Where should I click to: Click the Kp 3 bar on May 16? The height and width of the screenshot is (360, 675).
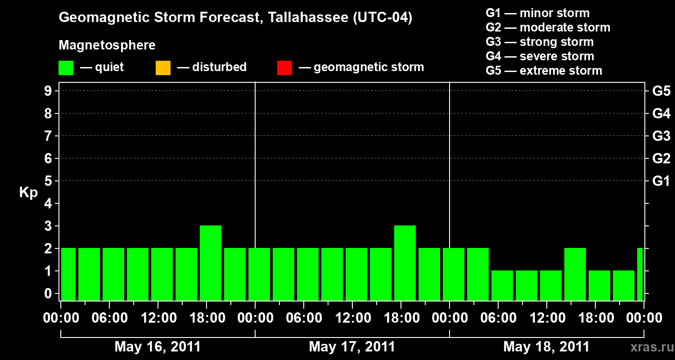click(x=211, y=263)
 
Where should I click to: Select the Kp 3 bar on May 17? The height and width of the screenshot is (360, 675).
click(x=405, y=263)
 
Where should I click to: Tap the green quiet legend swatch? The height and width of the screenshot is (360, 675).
click(x=66, y=68)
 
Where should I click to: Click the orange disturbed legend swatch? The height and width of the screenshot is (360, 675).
click(x=163, y=68)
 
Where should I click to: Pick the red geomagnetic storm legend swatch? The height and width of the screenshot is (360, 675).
click(x=284, y=68)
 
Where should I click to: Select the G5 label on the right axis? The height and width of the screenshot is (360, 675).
click(x=661, y=91)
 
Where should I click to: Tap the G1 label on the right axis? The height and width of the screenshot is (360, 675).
click(x=661, y=181)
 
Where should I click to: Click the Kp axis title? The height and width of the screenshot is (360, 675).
click(x=28, y=193)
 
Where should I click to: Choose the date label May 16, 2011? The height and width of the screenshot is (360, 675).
click(x=157, y=347)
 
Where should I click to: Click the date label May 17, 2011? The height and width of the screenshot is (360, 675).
click(x=352, y=347)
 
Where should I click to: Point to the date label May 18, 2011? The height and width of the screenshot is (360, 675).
click(x=546, y=347)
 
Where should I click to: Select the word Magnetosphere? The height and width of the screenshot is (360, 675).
click(x=107, y=45)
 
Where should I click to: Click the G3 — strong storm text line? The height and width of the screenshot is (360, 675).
click(x=540, y=42)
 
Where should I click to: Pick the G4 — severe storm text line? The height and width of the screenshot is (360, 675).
click(x=540, y=56)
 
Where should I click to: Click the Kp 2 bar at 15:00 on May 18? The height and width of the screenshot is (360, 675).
click(x=575, y=274)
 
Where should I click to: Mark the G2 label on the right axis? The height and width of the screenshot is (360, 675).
click(x=661, y=159)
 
